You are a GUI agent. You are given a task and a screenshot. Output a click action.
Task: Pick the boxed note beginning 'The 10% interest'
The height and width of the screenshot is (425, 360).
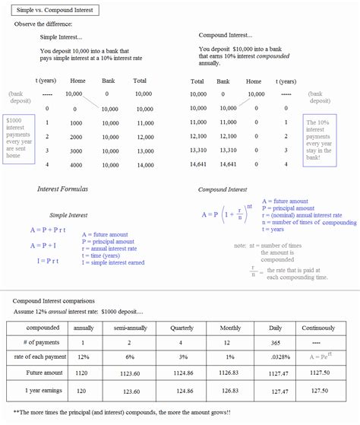[320, 138]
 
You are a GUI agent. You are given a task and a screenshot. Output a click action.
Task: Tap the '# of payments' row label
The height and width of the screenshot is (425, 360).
[37, 344]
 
